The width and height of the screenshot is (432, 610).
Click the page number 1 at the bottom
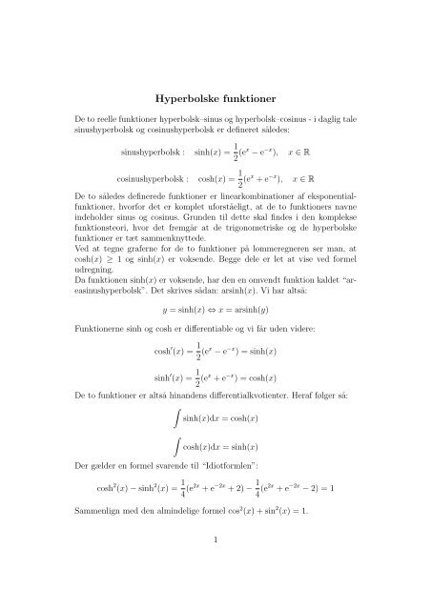[x=216, y=564]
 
